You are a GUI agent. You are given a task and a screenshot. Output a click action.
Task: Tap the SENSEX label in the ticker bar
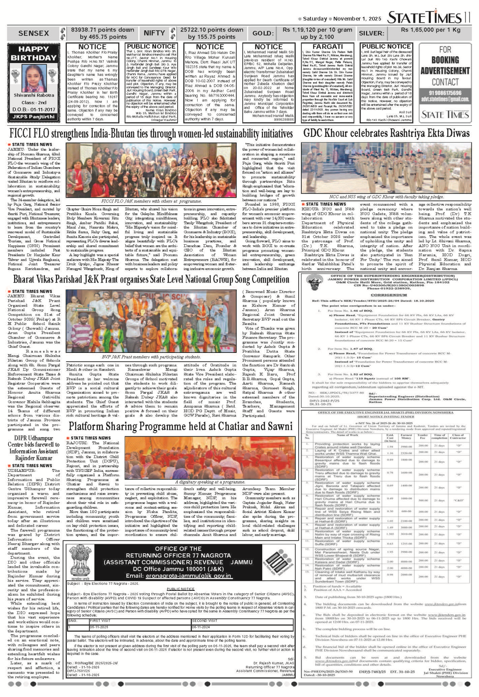[34, 34]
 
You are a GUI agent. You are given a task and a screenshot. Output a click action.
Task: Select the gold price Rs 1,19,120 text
[317, 30]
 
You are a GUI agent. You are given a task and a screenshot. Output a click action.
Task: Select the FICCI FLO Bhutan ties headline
[151, 134]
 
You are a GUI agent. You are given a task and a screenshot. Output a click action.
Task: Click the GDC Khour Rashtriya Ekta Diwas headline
[386, 133]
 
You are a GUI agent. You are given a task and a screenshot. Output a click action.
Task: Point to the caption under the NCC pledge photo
[386, 197]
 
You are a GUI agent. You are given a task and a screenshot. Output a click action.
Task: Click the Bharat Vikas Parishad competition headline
[151, 279]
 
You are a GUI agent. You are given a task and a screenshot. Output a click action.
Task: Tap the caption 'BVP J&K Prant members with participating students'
[151, 356]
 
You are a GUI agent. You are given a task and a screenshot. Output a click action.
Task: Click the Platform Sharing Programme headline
[181, 426]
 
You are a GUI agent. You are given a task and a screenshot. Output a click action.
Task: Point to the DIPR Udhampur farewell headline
[34, 448]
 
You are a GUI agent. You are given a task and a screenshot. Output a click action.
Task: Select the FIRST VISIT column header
[100, 621]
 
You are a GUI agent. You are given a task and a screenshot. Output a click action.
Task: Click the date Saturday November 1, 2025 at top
[342, 19]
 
